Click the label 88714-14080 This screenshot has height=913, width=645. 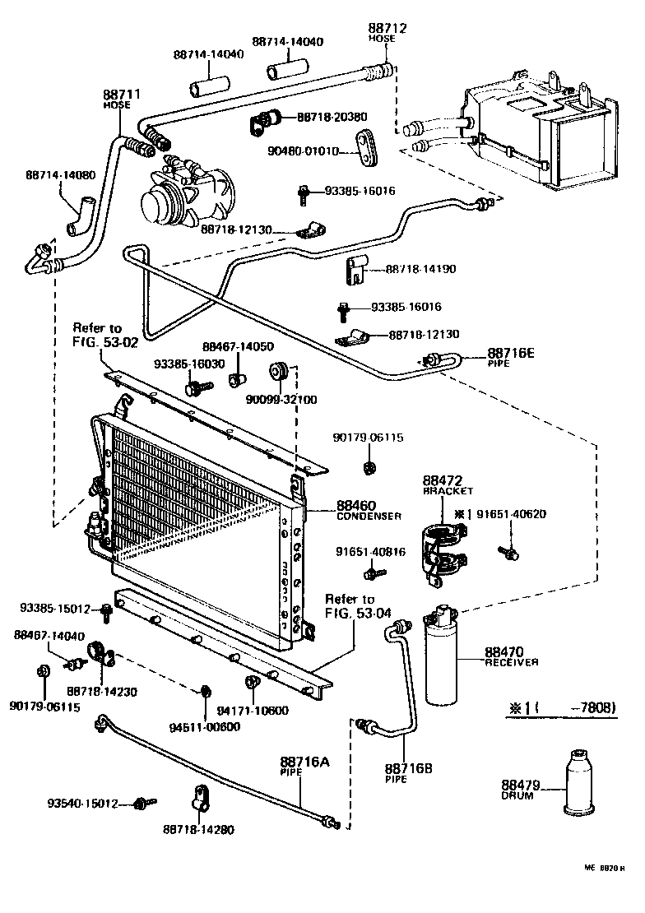60,175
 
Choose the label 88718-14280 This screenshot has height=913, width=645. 198,829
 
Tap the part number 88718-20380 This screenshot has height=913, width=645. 332,118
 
